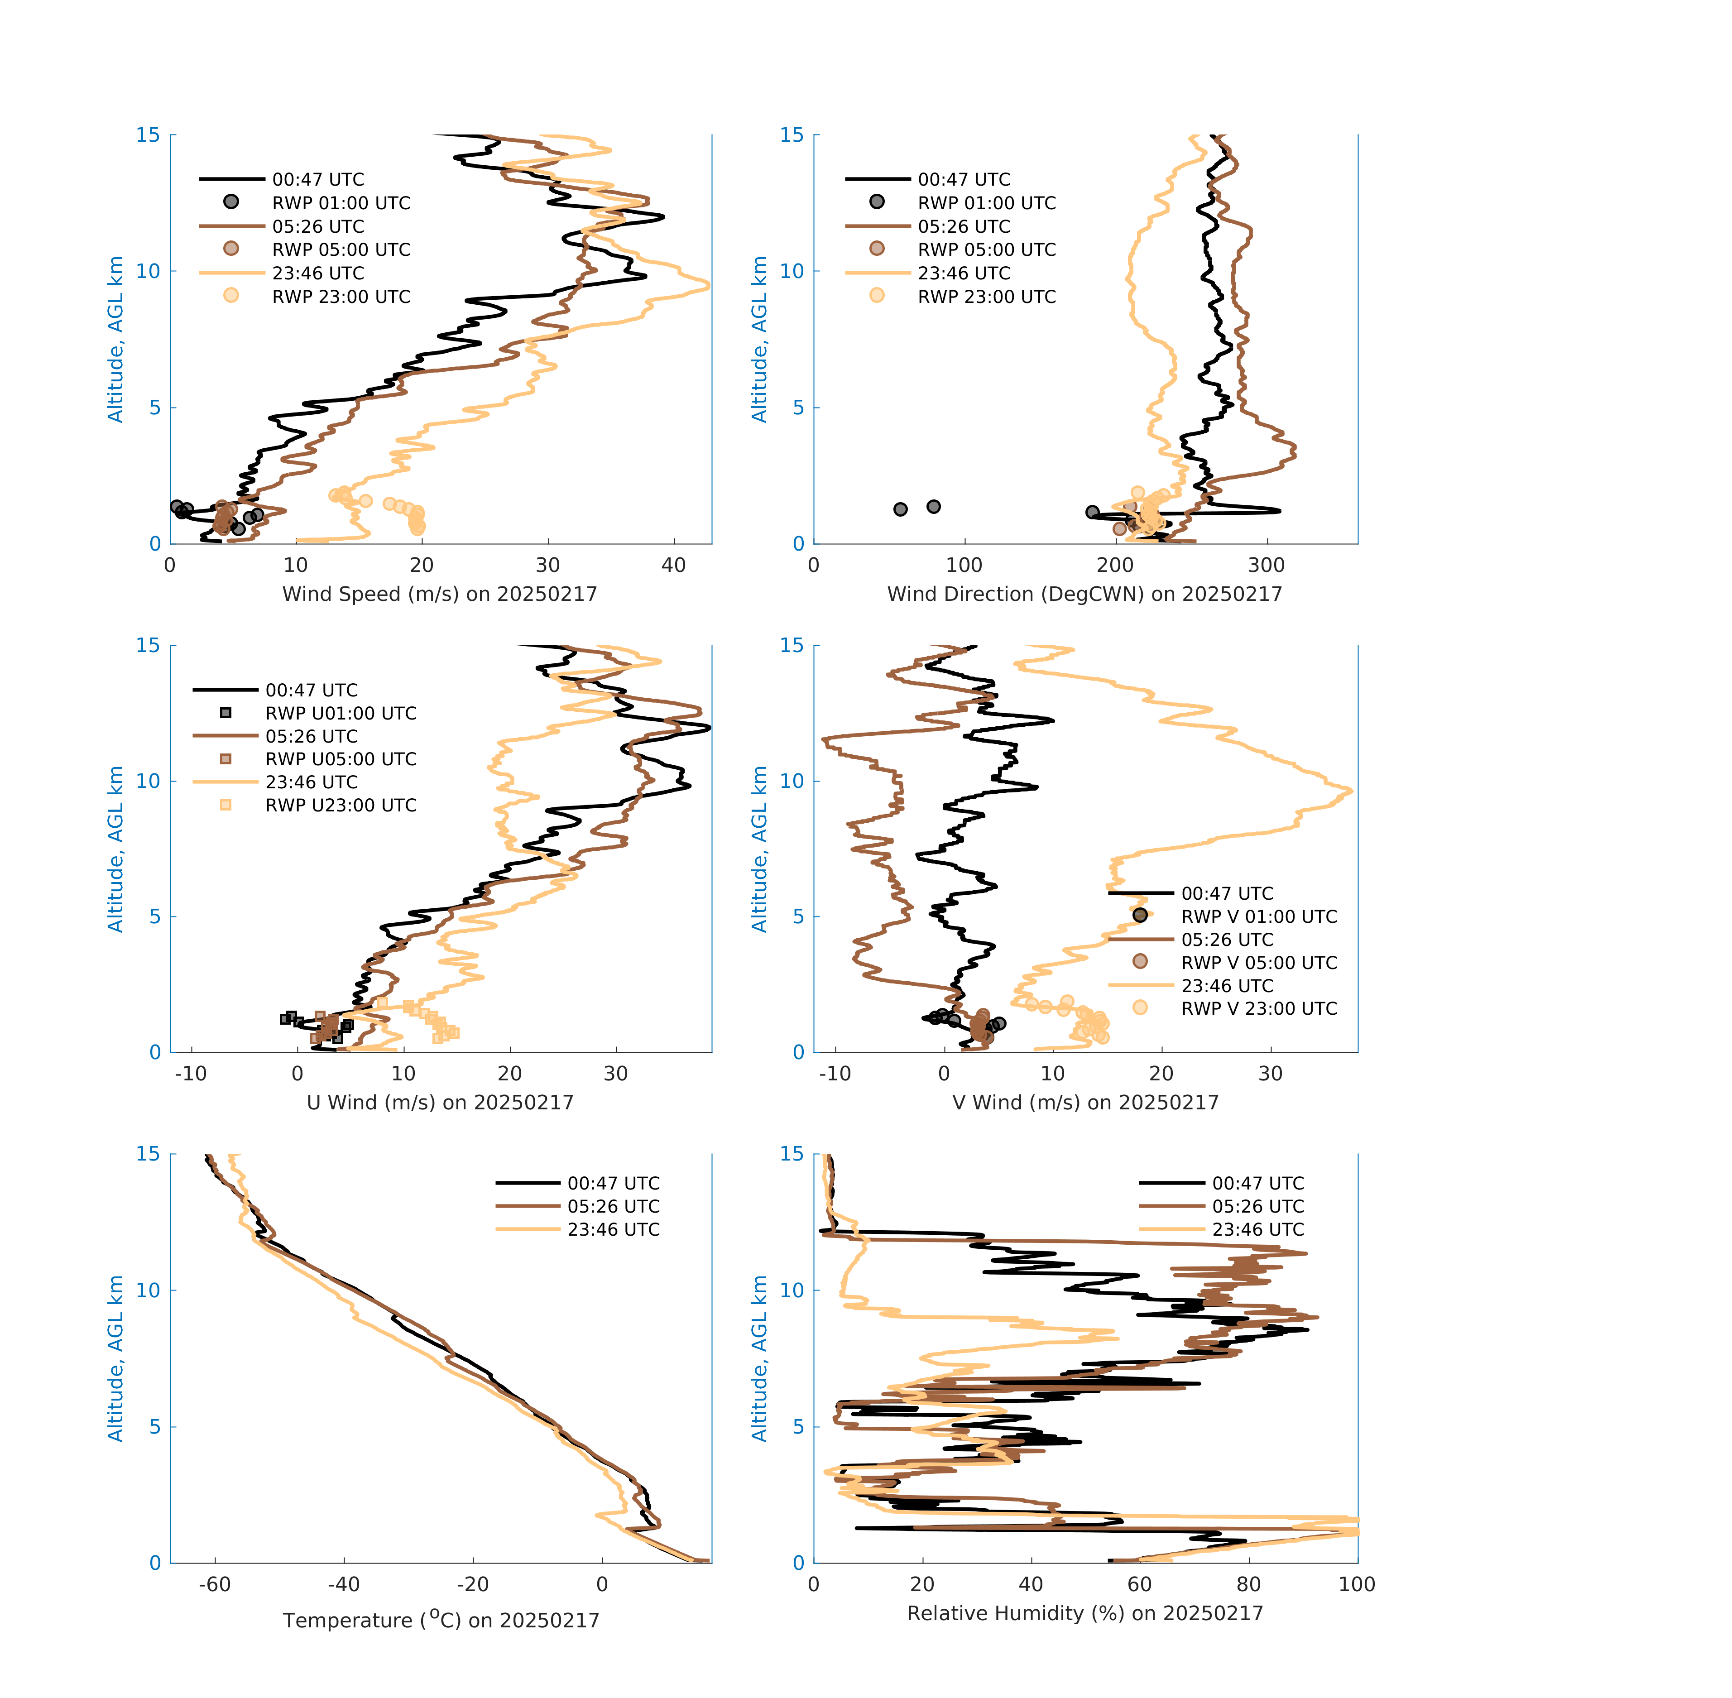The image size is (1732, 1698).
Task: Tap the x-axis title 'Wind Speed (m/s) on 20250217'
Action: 440,594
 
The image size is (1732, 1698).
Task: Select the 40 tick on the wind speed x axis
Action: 673,566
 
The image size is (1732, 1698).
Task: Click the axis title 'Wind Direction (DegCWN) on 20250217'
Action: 1084,594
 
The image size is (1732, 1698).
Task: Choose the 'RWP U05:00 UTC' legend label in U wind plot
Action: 341,759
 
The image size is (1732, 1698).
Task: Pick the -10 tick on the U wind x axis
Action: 190,1074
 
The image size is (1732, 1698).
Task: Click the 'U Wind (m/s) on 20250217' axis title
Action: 440,1102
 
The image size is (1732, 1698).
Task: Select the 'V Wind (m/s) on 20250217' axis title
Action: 1084,1102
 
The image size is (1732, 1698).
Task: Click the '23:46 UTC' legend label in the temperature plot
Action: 614,1230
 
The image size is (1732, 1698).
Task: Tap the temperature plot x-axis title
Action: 441,1621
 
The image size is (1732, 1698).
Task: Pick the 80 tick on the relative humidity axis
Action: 1248,1585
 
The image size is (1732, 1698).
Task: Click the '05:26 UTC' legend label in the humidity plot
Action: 1257,1207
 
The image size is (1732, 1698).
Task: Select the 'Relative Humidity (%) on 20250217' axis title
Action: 1084,1613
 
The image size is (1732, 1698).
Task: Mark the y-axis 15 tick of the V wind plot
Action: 792,646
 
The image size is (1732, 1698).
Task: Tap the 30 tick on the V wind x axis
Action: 1270,1074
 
